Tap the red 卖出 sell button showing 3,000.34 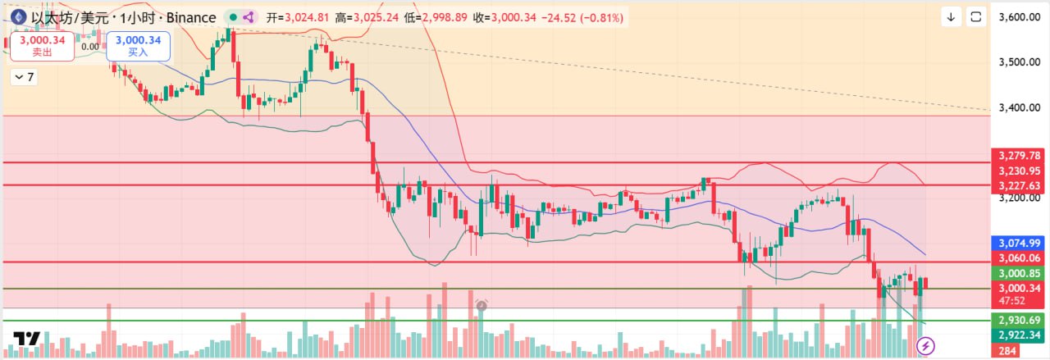click(x=40, y=45)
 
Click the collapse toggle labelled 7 click(x=24, y=77)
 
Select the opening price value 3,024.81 click(x=305, y=17)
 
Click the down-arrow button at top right click(x=952, y=16)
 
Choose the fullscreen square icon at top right click(x=976, y=16)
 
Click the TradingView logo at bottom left click(x=27, y=339)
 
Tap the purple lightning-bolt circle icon click(x=925, y=346)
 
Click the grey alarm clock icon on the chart click(x=482, y=306)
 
